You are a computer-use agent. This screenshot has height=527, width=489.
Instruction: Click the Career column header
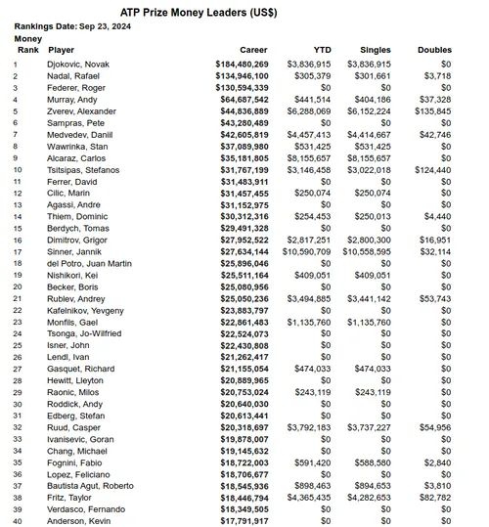[x=254, y=49]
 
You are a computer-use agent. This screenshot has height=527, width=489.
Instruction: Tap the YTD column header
[x=322, y=49]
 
